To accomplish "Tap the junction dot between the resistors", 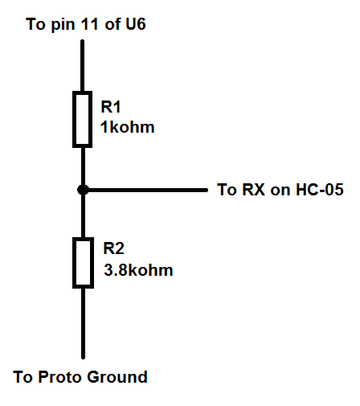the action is point(83,190).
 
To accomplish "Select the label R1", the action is point(111,107).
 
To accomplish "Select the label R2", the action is point(113,248).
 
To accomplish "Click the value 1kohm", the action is point(128,127).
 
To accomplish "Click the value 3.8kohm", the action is point(138,270).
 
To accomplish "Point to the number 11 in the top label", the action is point(90,24).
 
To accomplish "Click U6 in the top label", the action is point(135,24).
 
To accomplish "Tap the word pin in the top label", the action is point(63,25).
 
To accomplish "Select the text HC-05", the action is point(320,190).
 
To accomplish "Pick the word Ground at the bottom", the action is point(117,377).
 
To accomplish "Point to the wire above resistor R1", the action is point(83,66).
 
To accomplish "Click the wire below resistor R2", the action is point(83,323).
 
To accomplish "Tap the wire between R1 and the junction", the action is point(83,166).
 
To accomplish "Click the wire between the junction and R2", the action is point(83,216).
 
